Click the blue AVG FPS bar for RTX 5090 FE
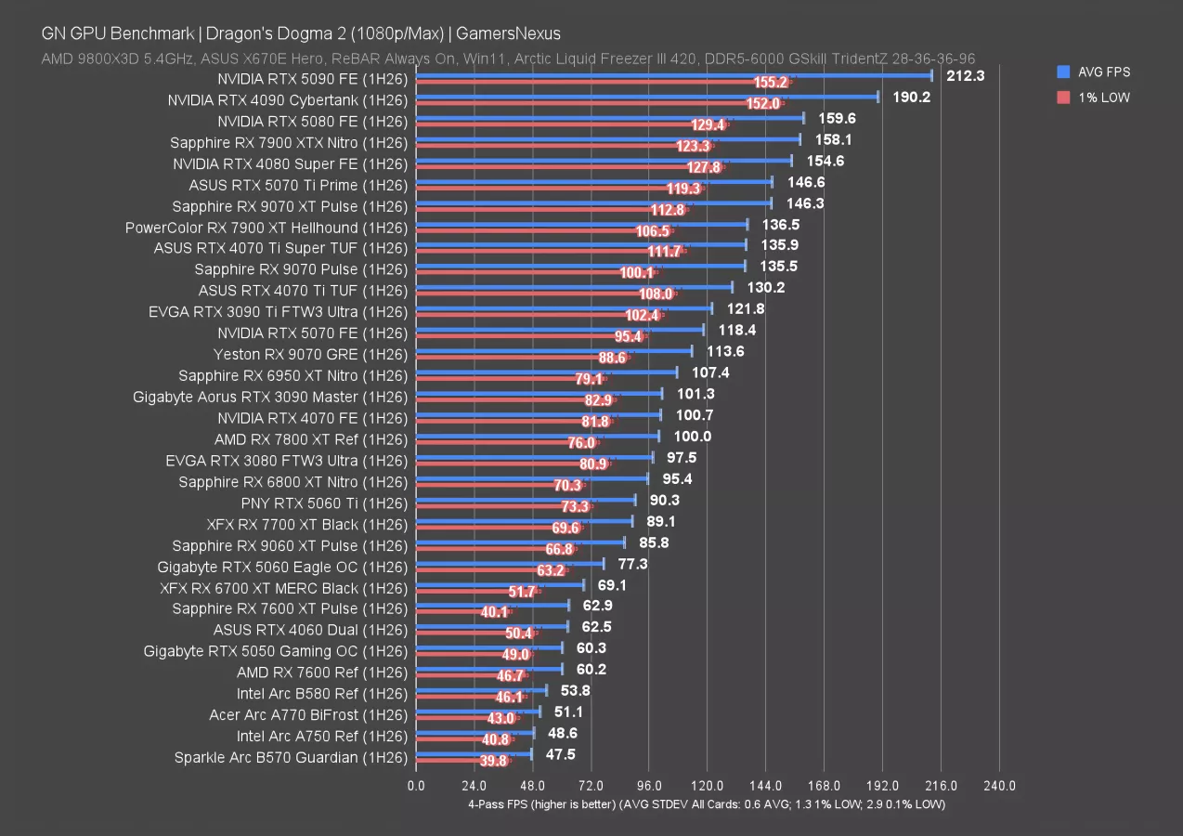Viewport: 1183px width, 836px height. tap(673, 76)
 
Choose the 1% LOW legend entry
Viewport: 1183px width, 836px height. tap(1103, 98)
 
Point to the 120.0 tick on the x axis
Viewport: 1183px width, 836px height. tap(708, 786)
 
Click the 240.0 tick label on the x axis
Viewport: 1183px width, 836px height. tap(999, 786)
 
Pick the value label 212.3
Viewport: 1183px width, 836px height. tap(966, 75)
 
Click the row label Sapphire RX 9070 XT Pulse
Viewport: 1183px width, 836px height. tap(290, 205)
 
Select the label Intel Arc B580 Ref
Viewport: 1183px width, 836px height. tap(321, 693)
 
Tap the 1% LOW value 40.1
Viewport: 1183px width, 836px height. tap(519, 612)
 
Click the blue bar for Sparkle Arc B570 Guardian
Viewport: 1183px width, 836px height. tap(474, 752)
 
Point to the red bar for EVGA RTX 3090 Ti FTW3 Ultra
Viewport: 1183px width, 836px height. tap(520, 316)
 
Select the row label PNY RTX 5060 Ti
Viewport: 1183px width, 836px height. tap(324, 503)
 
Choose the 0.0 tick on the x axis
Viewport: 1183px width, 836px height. tap(416, 786)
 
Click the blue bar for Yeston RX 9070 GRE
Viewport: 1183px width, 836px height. tap(553, 351)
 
